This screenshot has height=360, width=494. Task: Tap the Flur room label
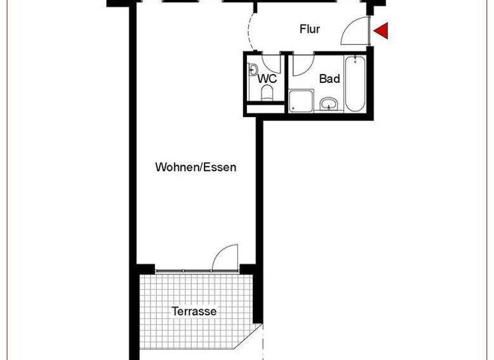(x=310, y=29)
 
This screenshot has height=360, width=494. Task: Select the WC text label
(x=267, y=79)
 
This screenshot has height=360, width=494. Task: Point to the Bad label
(x=329, y=79)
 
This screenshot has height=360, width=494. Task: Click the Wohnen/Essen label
(x=196, y=167)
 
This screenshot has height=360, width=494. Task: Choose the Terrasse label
(x=194, y=311)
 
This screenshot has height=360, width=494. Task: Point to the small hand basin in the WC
(x=253, y=69)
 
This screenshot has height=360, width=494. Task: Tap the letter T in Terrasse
(x=174, y=311)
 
